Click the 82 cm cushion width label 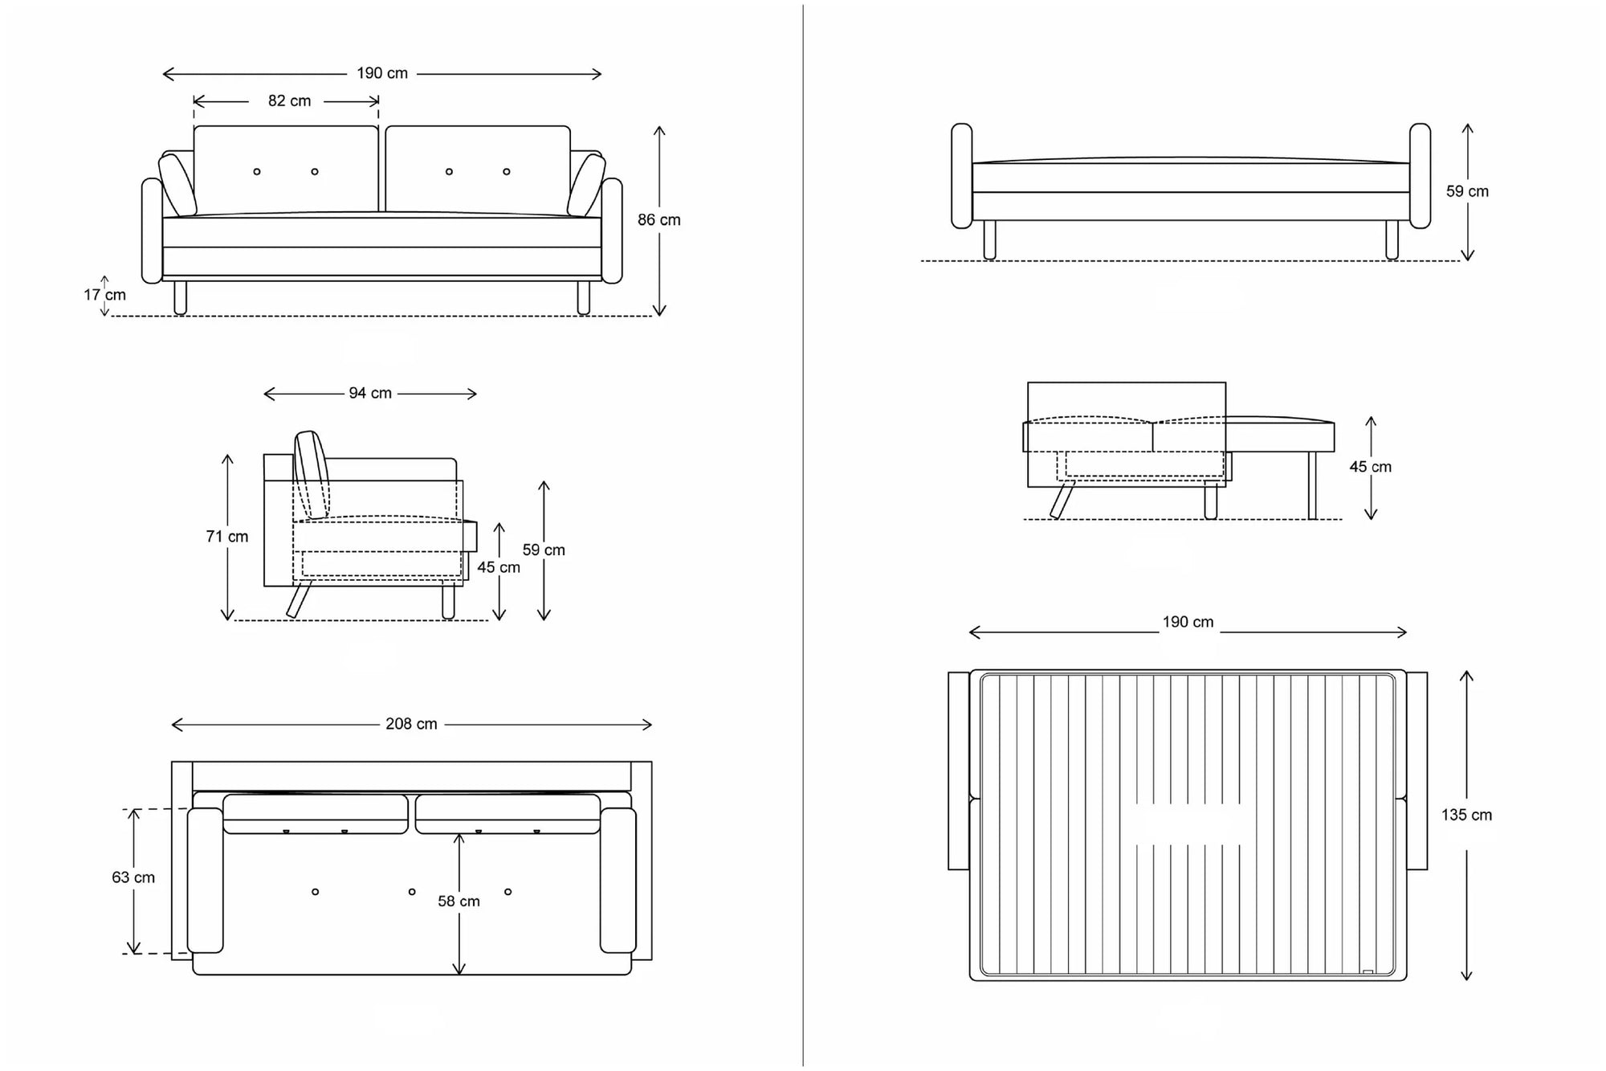[x=289, y=101]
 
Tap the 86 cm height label [x=658, y=220]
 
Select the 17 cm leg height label [x=105, y=295]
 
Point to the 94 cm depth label [x=370, y=394]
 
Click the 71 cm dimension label [x=227, y=537]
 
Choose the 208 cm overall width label [x=411, y=725]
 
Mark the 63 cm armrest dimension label [x=133, y=878]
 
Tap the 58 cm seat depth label [x=459, y=901]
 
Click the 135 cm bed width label [x=1466, y=816]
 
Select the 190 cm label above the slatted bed [x=1188, y=623]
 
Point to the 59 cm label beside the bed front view [x=1467, y=192]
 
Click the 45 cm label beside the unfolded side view [x=1370, y=468]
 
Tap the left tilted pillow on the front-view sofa [x=177, y=185]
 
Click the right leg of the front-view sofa [x=584, y=297]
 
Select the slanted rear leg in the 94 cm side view [x=299, y=599]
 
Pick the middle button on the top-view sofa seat [x=412, y=892]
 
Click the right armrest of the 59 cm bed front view [x=1420, y=176]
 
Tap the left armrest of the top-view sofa [x=205, y=881]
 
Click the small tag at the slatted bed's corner [x=1368, y=972]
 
